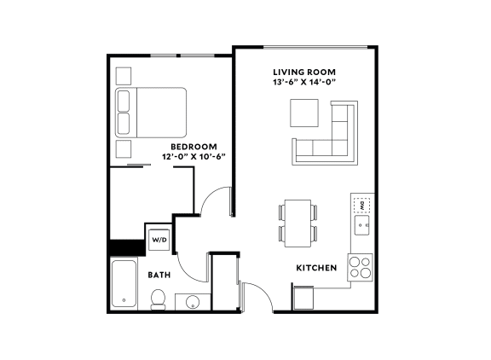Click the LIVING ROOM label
coord(304,72)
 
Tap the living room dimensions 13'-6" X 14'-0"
coord(304,83)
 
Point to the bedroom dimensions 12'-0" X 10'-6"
coord(194,157)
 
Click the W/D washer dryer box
coord(159,240)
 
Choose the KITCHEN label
coord(316,269)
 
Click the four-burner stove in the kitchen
coord(361,268)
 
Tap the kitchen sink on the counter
coord(361,225)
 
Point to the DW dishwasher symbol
coord(361,206)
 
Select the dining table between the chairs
coord(296,220)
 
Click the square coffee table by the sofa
coord(304,113)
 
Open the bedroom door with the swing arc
coord(218,203)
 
